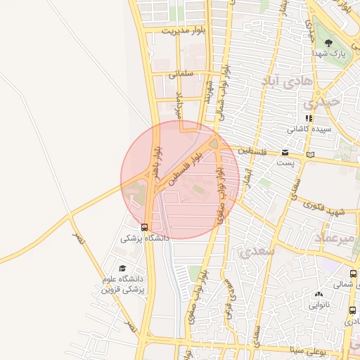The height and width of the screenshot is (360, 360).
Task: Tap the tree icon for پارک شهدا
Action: tap(329, 44)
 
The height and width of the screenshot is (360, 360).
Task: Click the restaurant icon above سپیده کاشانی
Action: tap(308, 118)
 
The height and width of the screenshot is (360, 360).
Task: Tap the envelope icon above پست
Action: tap(285, 153)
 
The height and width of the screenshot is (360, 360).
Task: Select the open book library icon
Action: tap(311, 154)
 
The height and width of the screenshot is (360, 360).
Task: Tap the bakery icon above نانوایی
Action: tap(319, 295)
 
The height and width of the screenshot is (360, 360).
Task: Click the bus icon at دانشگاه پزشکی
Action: tap(144, 227)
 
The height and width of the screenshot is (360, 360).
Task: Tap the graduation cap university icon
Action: tap(123, 268)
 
